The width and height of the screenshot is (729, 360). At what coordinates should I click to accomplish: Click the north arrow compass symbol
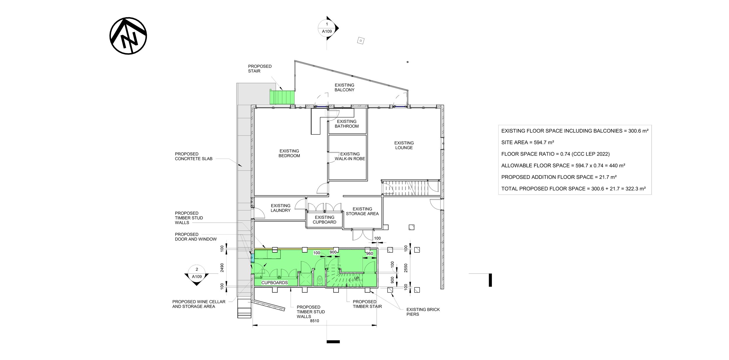128,36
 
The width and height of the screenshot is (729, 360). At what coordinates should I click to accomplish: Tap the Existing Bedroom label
289,153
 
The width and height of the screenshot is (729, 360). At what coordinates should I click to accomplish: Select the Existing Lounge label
404,145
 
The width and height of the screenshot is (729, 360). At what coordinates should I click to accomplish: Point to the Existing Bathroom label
347,124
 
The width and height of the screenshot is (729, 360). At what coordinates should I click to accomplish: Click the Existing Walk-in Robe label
350,156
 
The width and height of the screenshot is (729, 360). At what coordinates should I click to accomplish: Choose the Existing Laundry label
281,208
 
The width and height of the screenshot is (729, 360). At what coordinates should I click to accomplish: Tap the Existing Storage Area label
362,211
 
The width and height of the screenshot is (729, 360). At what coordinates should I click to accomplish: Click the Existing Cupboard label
325,220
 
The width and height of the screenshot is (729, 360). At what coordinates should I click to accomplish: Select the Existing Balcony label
344,88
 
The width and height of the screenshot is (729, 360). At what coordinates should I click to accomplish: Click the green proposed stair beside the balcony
282,97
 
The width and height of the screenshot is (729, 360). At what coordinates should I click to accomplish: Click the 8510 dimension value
314,321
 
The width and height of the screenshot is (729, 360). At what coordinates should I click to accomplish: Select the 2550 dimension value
406,268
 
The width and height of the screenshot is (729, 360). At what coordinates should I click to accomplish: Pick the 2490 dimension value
222,268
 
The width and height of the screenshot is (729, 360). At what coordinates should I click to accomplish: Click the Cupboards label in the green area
274,283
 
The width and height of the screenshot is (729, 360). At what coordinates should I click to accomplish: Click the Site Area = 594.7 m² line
528,142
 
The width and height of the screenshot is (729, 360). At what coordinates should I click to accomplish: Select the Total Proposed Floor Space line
573,189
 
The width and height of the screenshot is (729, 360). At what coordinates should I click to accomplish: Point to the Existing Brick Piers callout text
423,312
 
